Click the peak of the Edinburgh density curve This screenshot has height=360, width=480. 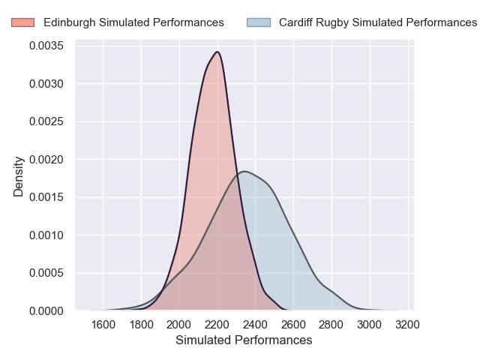pyautogui.click(x=217, y=52)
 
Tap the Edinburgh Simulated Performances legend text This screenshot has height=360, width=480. pyautogui.click(x=133, y=22)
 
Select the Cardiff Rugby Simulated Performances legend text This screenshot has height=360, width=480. pyautogui.click(x=378, y=22)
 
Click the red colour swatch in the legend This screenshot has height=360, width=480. pyautogui.click(x=22, y=22)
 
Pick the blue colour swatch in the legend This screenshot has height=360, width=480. pyautogui.click(x=258, y=22)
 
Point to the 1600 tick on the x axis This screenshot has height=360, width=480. pyautogui.click(x=103, y=325)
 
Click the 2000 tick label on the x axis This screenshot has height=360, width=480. pyautogui.click(x=179, y=325)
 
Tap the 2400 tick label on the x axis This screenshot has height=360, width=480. pyautogui.click(x=256, y=325)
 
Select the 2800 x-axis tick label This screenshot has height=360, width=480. pyautogui.click(x=331, y=325)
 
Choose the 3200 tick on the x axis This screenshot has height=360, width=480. pyautogui.click(x=407, y=325)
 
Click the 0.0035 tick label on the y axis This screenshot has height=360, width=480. pyautogui.click(x=46, y=46)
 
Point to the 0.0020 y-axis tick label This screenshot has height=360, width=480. pyautogui.click(x=46, y=160)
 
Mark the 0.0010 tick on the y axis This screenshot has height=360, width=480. pyautogui.click(x=46, y=235)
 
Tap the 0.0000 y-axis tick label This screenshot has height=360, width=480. pyautogui.click(x=46, y=310)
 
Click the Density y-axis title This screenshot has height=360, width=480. pyautogui.click(x=19, y=177)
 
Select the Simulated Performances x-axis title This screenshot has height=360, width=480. pyautogui.click(x=244, y=340)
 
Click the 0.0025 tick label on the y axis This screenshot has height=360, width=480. pyautogui.click(x=46, y=122)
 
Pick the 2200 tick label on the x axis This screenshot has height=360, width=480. pyautogui.click(x=217, y=325)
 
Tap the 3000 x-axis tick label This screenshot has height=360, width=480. pyautogui.click(x=370, y=325)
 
